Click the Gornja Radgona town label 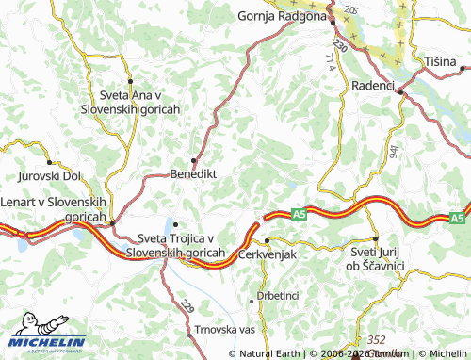[x=281, y=16]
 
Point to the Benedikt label [x=193, y=174]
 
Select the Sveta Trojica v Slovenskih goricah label [x=179, y=245]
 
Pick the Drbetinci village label [x=278, y=296]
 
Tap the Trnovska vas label [x=225, y=330]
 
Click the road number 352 [x=377, y=339]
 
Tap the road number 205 [x=351, y=8]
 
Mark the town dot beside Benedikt [x=194, y=160]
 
